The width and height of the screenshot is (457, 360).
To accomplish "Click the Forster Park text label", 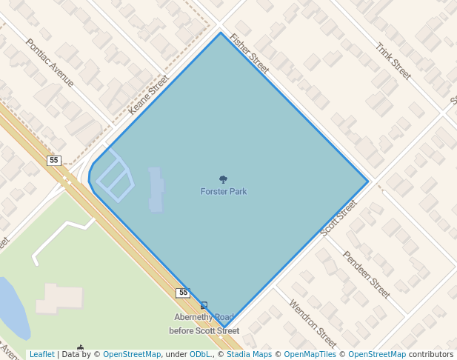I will pyautogui.click(x=223, y=192).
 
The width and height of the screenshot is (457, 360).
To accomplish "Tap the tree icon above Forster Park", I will pyautogui.click(x=223, y=179).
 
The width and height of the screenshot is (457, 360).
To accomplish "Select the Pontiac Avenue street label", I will pyautogui.click(x=50, y=62).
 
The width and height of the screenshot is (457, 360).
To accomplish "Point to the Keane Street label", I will pyautogui.click(x=149, y=94).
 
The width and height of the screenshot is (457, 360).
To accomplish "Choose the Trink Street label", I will pyautogui.click(x=393, y=61).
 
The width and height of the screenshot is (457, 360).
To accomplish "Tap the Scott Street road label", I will pyautogui.click(x=338, y=218).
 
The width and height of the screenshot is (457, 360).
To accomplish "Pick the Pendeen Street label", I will pyautogui.click(x=366, y=274).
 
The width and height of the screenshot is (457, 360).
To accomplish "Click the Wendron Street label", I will pyautogui.click(x=313, y=324).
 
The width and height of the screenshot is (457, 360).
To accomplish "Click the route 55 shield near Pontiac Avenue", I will pyautogui.click(x=53, y=161).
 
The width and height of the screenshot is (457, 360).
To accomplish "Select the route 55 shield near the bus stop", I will pyautogui.click(x=183, y=293).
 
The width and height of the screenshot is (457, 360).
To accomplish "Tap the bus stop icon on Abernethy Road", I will pyautogui.click(x=204, y=305).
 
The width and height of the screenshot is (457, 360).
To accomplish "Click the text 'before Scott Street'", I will pyautogui.click(x=204, y=331).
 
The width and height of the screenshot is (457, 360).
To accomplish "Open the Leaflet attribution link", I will pyautogui.click(x=41, y=355).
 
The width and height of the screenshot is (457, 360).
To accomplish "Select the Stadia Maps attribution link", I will pyautogui.click(x=248, y=355).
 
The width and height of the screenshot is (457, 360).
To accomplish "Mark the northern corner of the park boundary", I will pyautogui.click(x=220, y=33).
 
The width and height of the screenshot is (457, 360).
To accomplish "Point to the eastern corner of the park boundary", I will pyautogui.click(x=367, y=181).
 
